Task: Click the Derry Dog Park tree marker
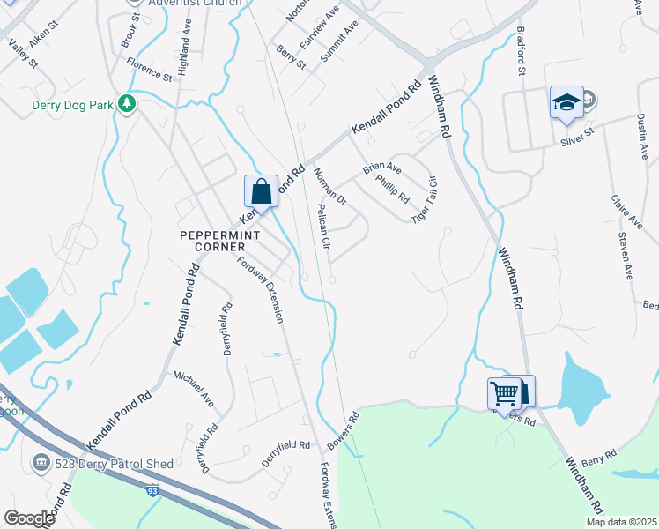coord(127,105)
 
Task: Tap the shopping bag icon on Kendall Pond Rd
coord(261,190)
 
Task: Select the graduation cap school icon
coord(566,102)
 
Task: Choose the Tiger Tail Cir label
coord(426,194)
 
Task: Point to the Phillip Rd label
coord(392,188)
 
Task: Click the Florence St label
coord(148,71)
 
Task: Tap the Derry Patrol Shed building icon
coord(41,462)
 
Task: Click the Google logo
coord(29,518)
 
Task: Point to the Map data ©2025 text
coord(621,522)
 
